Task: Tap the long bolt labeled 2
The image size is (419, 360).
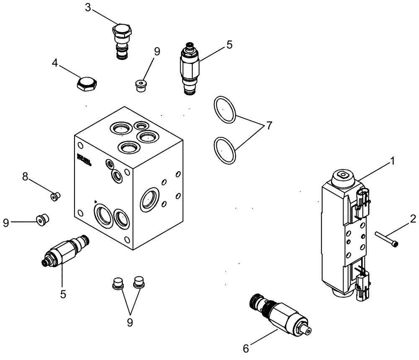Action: point(387,238)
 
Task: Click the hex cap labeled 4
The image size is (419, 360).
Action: point(87,84)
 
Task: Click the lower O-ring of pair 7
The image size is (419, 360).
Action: point(225,150)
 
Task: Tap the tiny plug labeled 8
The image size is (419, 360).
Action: point(55,195)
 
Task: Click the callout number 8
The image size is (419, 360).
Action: point(25,177)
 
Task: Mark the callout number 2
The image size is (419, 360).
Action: point(413,218)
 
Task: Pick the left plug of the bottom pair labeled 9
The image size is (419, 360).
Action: point(117,283)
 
